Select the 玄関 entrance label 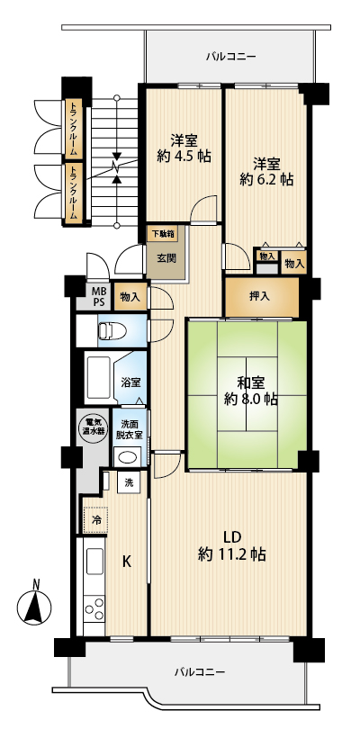coord(166,258)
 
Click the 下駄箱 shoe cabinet coord(162,233)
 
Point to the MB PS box coord(94,296)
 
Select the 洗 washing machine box coord(129,482)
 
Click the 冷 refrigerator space coord(95,520)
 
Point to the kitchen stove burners coord(94,609)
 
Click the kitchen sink coord(94,562)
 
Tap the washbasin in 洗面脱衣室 coord(128,457)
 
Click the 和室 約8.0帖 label coord(251,391)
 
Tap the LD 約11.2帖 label coord(231,545)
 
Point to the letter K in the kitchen coord(126,562)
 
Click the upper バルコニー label coord(230,57)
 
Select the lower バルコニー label coord(200,671)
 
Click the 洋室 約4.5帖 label coord(184,148)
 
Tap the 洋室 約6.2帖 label coord(266,172)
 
